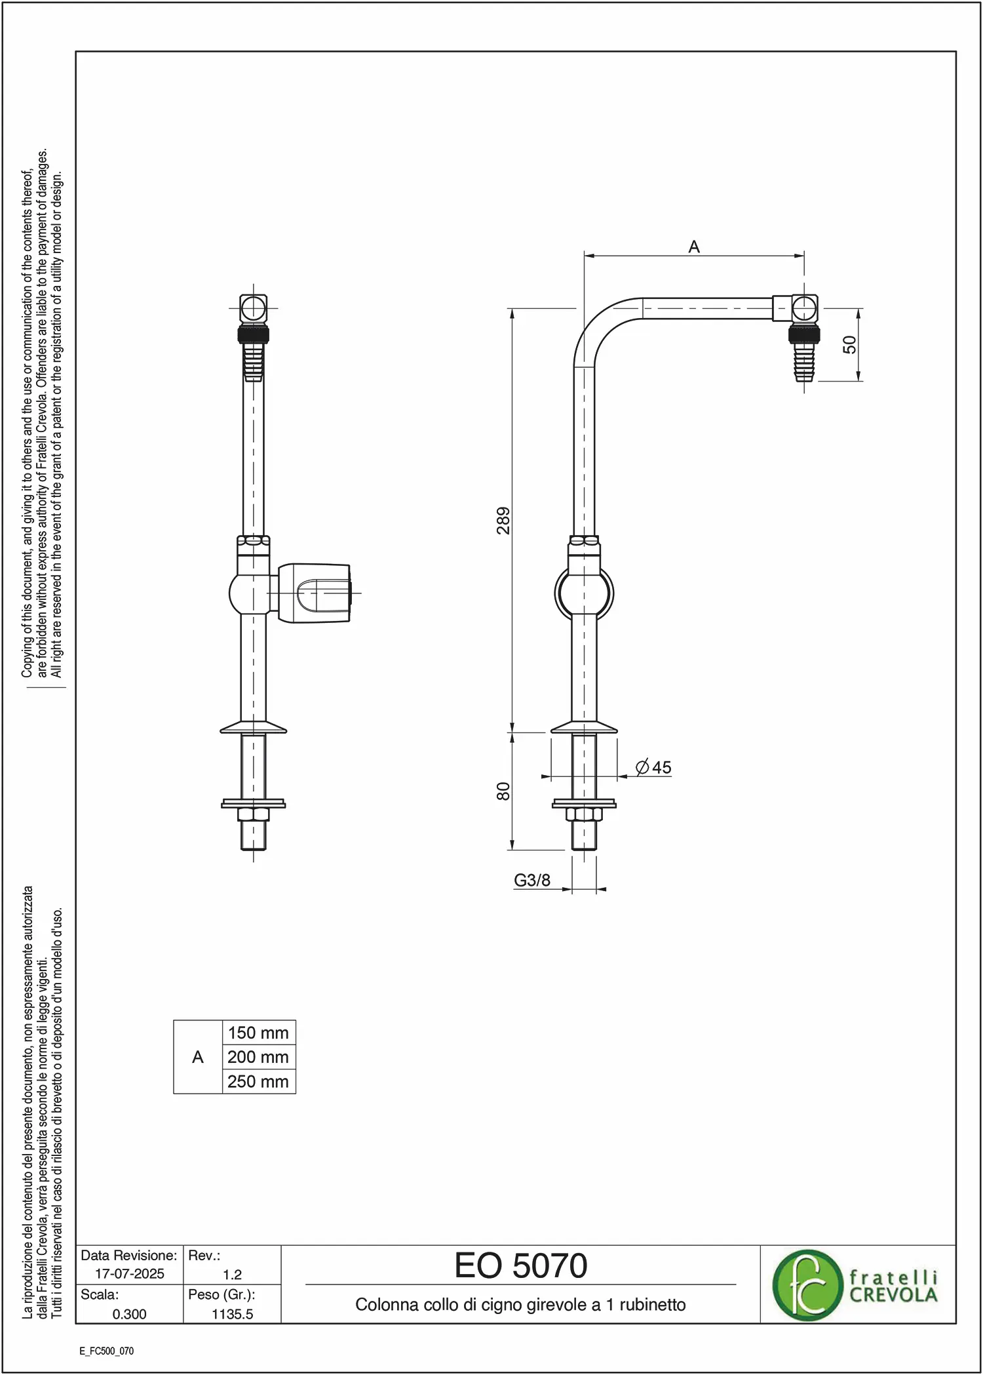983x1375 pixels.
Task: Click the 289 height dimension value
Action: [x=503, y=520]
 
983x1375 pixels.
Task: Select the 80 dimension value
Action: [x=503, y=791]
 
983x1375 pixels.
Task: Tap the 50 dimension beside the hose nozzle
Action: [x=849, y=344]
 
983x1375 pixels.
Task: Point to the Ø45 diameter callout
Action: [x=653, y=767]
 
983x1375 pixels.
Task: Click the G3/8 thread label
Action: [x=532, y=880]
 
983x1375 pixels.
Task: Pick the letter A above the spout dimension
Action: [x=694, y=247]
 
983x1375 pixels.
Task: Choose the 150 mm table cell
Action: [x=258, y=1033]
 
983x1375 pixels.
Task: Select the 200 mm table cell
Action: [x=258, y=1057]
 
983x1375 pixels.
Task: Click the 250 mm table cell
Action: [x=258, y=1081]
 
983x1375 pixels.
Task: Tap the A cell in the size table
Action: [x=198, y=1057]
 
